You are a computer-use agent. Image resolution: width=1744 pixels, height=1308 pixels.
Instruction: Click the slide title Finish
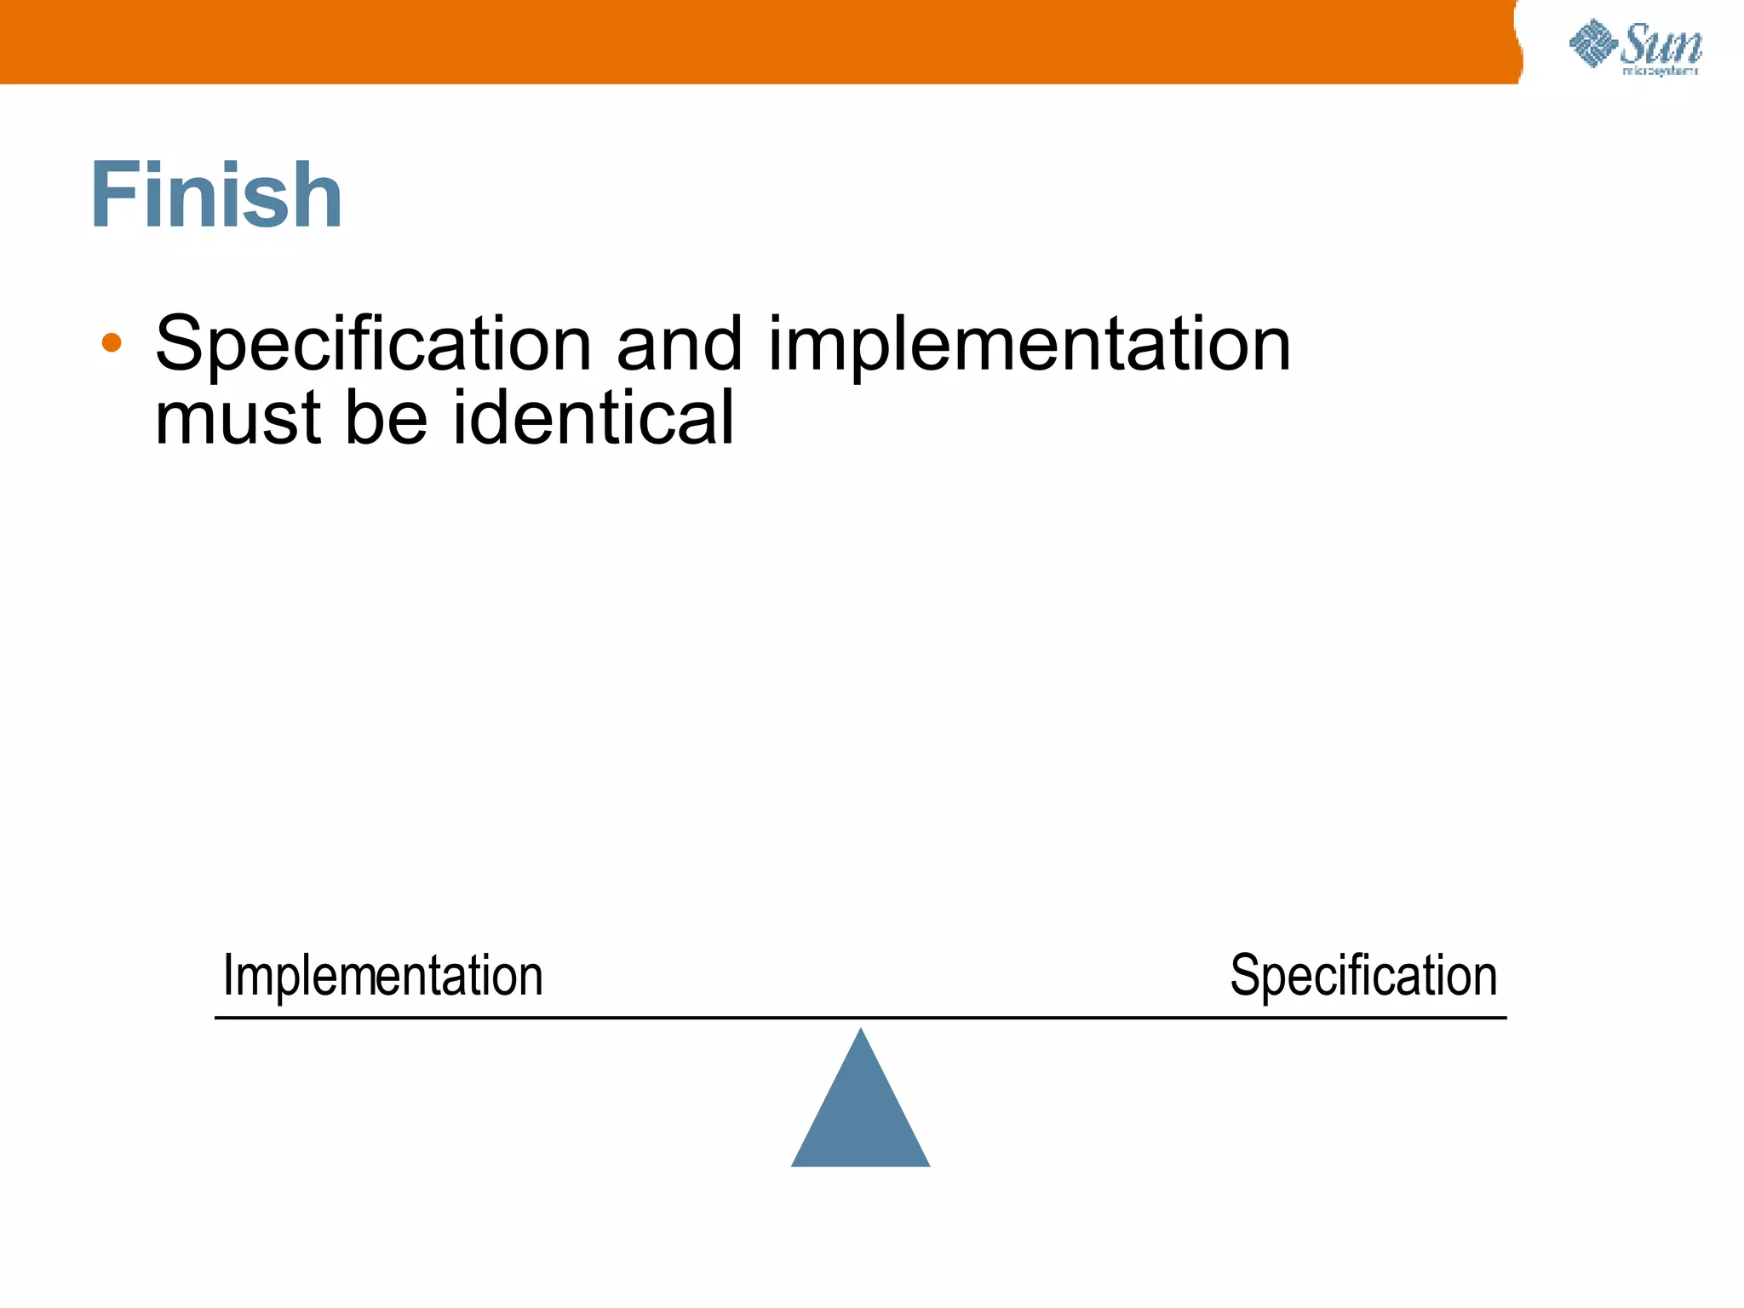click(x=216, y=196)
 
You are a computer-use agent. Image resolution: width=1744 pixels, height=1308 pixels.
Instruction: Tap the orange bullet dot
click(x=112, y=343)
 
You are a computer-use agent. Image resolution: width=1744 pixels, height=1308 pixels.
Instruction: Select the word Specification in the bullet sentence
click(x=373, y=345)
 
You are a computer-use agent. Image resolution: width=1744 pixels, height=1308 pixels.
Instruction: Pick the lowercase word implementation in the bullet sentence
click(x=1029, y=345)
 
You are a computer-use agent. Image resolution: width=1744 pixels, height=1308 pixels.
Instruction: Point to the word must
click(x=238, y=418)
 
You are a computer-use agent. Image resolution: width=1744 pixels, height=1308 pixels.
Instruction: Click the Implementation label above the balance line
click(x=382, y=976)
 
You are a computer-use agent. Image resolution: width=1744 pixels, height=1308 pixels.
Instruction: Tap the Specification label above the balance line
click(x=1363, y=976)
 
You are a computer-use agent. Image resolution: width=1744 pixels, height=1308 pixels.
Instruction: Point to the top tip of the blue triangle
click(x=861, y=1030)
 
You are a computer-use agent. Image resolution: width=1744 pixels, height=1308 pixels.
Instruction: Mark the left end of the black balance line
click(x=216, y=1017)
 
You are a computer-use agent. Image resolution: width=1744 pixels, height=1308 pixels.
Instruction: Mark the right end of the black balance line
click(x=1506, y=1017)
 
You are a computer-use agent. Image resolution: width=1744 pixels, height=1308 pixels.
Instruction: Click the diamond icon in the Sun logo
click(x=1593, y=43)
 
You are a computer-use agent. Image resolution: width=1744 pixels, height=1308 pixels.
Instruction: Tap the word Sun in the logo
click(x=1661, y=44)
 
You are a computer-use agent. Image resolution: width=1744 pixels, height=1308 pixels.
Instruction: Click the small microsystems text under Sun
click(x=1661, y=72)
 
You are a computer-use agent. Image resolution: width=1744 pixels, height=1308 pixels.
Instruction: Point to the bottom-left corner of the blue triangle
click(x=793, y=1165)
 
